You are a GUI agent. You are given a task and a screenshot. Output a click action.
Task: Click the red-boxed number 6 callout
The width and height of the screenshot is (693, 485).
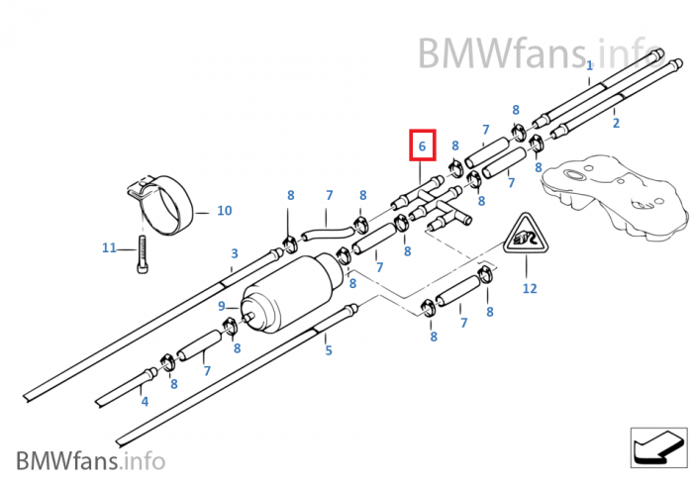pos(423,145)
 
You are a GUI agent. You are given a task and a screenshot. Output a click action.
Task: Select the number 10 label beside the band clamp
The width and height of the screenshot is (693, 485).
pos(224,211)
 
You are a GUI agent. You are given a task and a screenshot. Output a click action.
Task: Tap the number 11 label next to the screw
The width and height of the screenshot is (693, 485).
pos(109,247)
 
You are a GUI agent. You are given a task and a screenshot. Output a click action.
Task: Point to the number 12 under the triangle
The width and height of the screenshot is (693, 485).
pos(530,289)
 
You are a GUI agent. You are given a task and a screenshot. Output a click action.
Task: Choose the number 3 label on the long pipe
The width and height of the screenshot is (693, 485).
pos(234,253)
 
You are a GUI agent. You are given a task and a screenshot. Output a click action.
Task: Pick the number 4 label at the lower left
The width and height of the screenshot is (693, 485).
pos(145,401)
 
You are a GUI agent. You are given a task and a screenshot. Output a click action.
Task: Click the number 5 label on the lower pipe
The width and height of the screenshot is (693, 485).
pos(329,349)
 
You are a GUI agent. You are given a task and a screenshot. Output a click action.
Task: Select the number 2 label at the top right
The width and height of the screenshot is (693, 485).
pos(616,123)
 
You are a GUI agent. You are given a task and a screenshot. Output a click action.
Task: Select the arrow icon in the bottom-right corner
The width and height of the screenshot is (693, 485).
pos(658,447)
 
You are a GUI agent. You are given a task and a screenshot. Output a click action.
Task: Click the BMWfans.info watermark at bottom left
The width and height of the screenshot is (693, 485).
pos(90,460)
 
